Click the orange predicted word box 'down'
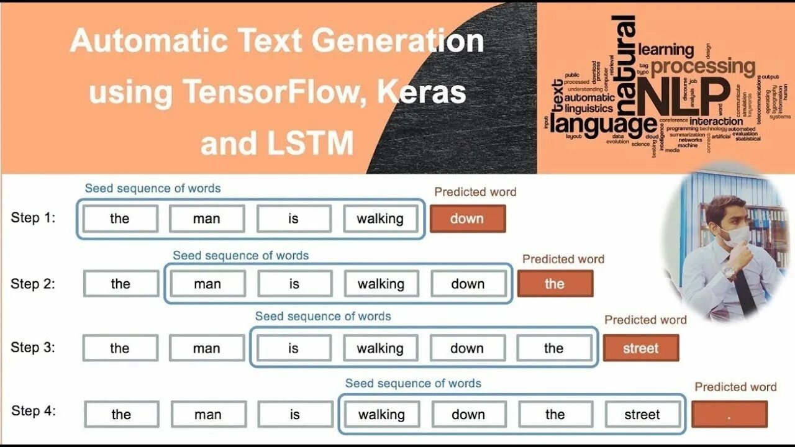467,219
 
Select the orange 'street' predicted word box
640,348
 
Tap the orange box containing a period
729,415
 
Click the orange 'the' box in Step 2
555,284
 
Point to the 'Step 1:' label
33,218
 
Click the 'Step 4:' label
34,411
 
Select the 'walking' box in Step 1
380,219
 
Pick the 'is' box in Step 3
293,348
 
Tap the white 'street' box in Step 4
642,415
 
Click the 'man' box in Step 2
207,284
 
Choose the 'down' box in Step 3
467,348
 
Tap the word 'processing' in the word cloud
702,66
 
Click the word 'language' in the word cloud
602,124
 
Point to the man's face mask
737,234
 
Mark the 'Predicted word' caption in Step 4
735,387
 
